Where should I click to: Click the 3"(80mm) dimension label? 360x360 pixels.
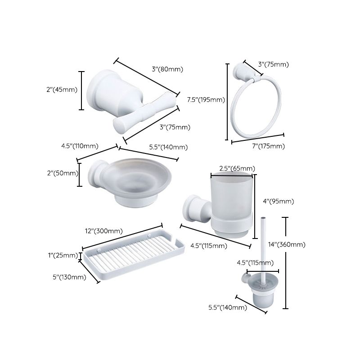(167, 69)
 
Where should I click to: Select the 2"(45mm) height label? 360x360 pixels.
(62, 90)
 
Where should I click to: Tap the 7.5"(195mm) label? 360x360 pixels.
(206, 99)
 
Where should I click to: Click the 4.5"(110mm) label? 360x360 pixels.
(80, 146)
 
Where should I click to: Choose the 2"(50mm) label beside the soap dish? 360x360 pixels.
(62, 173)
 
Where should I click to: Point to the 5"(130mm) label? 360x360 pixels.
(69, 277)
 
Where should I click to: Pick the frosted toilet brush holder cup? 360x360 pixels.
(261, 297)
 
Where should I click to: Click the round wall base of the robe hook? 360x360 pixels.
(101, 92)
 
